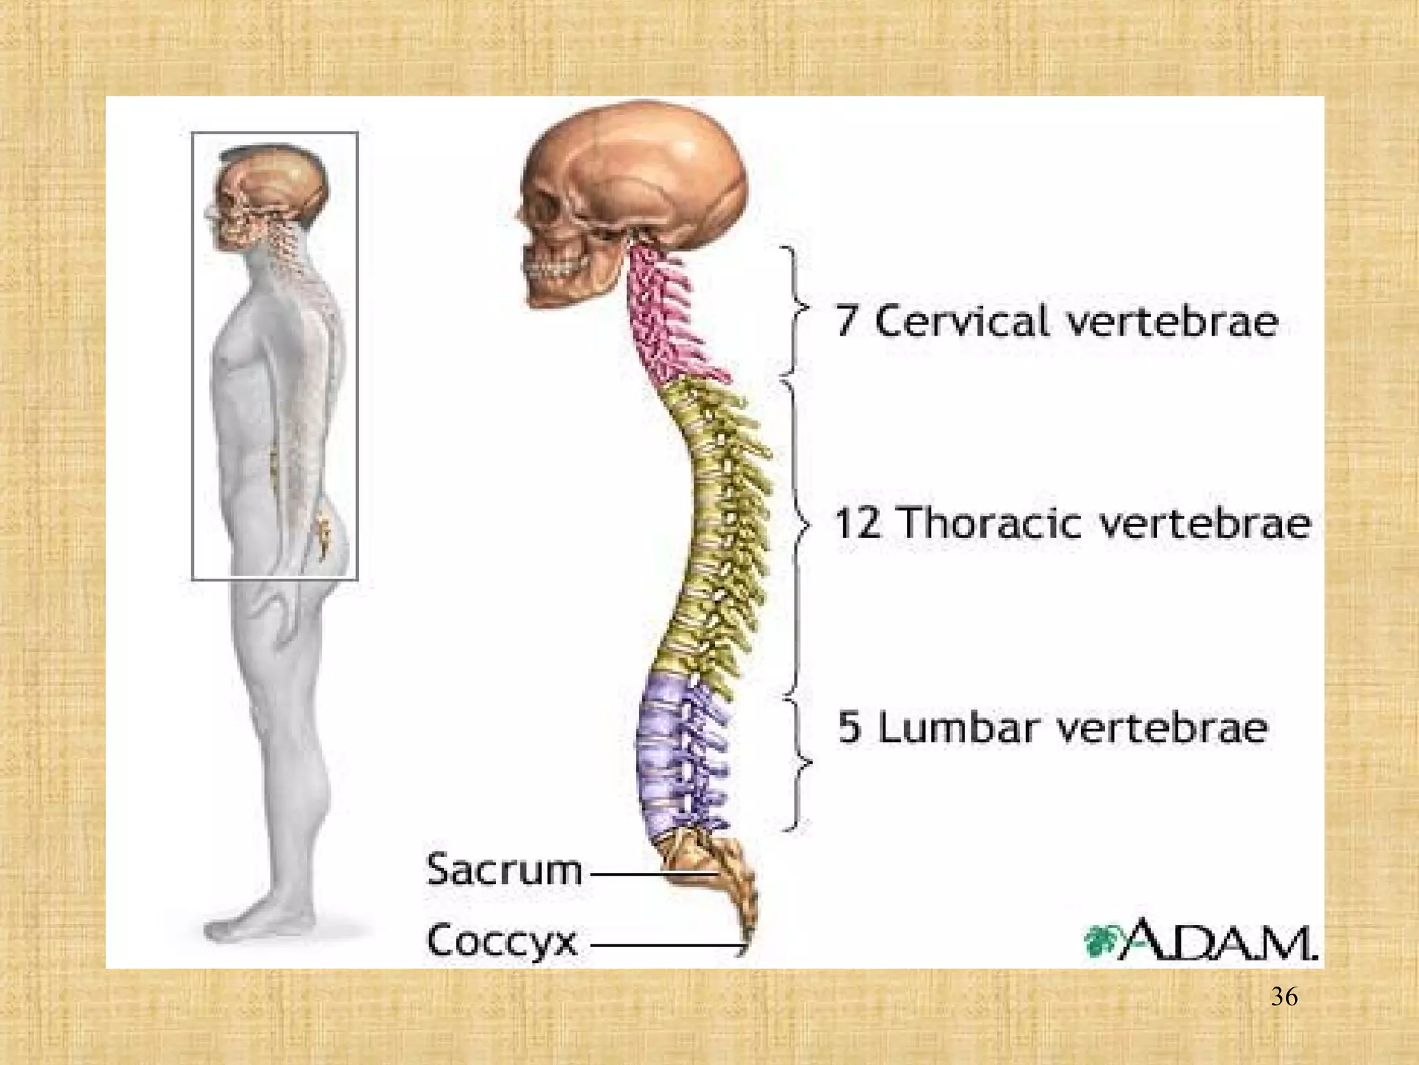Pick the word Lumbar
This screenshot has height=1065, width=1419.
962,726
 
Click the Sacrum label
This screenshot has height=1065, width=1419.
504,869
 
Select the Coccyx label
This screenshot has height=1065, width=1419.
502,941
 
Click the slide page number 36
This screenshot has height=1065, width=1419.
1285,997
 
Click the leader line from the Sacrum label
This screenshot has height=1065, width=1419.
653,874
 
